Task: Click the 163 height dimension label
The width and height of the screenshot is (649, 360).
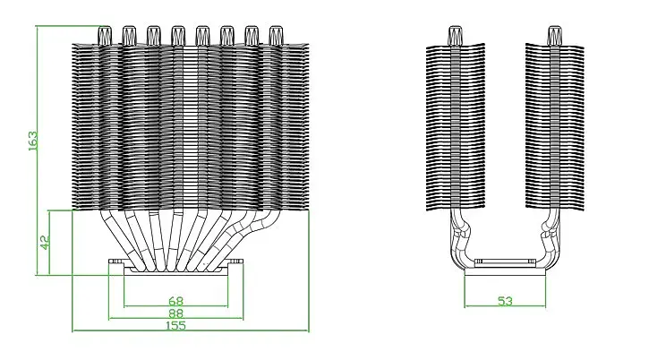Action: click(x=33, y=141)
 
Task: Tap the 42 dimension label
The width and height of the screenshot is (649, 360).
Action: click(x=45, y=243)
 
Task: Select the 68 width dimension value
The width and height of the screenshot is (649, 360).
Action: click(x=176, y=301)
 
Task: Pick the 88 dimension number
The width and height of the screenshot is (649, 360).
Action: click(x=176, y=313)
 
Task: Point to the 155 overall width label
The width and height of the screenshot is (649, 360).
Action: click(x=176, y=326)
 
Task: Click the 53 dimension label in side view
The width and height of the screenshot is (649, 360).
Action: click(x=505, y=301)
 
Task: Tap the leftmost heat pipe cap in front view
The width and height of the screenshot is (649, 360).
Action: click(x=105, y=36)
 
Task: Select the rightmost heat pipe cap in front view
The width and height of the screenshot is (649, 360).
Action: click(x=276, y=36)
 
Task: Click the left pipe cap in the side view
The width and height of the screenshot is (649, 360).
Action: click(x=456, y=36)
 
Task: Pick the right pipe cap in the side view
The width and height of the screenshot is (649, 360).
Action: click(x=554, y=36)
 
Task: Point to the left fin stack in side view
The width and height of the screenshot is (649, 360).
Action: click(x=456, y=127)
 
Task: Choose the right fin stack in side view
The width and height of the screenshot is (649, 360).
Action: click(x=555, y=127)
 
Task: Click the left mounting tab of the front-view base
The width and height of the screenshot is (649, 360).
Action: click(x=116, y=262)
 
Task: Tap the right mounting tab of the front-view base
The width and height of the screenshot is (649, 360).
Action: click(x=235, y=262)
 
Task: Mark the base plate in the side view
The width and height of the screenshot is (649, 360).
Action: click(x=505, y=271)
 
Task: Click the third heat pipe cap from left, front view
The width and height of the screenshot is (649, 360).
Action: click(x=153, y=36)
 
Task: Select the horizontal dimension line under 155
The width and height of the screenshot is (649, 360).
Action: click(x=191, y=331)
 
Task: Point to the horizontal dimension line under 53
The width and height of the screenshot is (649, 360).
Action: click(x=505, y=306)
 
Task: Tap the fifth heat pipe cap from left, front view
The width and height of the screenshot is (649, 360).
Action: click(x=202, y=36)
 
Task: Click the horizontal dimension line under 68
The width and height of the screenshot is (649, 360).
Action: click(x=176, y=306)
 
